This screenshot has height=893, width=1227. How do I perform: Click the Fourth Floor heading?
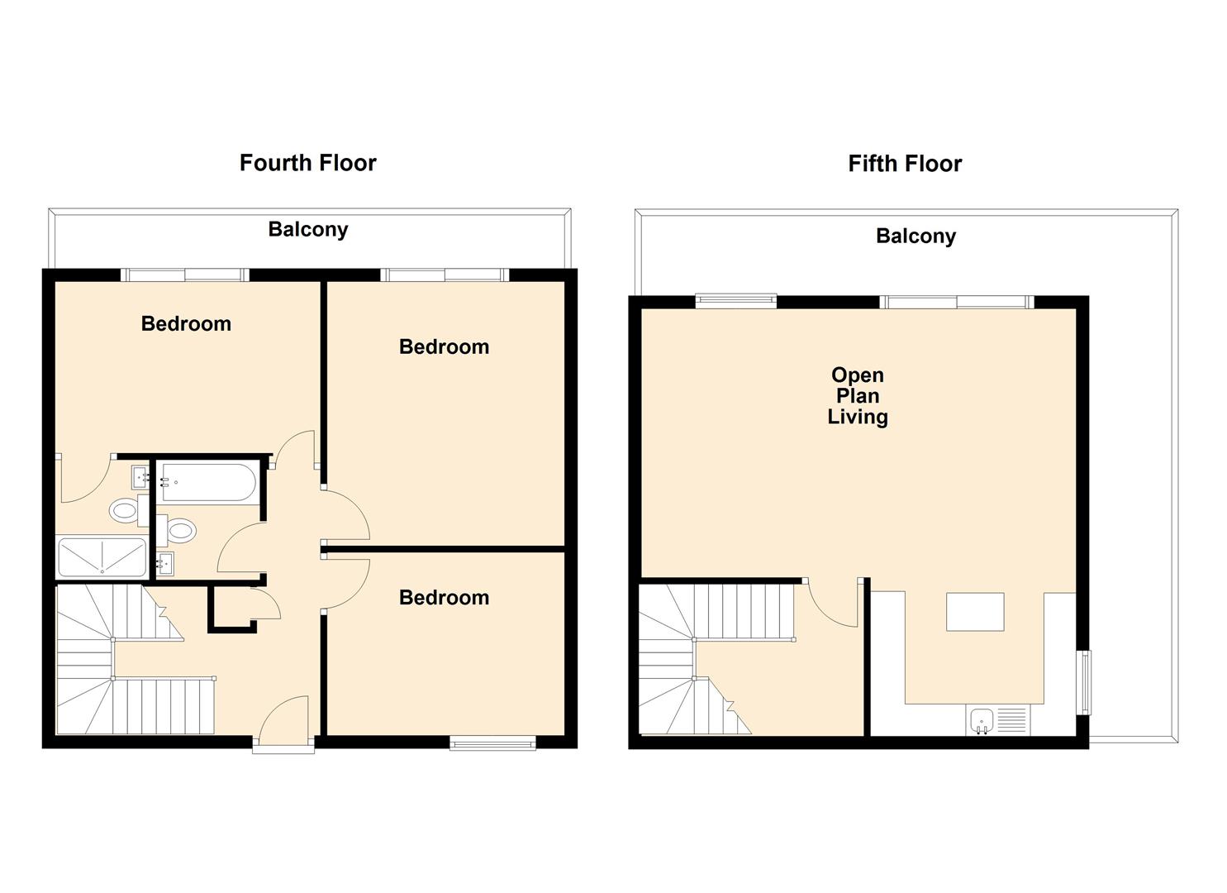click(307, 163)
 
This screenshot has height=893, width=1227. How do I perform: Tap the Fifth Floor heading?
click(905, 164)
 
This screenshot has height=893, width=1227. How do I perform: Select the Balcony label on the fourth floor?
click(307, 230)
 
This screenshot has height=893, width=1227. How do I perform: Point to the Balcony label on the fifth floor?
click(915, 236)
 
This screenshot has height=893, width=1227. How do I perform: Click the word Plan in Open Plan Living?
click(858, 396)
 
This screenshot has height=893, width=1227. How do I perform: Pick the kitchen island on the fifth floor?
click(975, 612)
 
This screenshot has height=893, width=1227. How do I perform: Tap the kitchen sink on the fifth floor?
click(982, 721)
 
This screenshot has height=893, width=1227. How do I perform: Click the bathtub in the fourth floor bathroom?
click(208, 482)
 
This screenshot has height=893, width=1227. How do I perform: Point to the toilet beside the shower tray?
click(124, 511)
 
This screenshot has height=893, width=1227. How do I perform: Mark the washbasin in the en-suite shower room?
click(140, 476)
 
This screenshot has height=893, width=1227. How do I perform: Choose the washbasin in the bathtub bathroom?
click(165, 565)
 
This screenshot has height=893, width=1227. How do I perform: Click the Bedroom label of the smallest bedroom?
click(444, 598)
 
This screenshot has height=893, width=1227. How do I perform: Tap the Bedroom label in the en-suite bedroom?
click(186, 324)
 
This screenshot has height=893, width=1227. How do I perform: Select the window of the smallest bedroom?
click(492, 743)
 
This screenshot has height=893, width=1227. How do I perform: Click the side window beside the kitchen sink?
click(1085, 682)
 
